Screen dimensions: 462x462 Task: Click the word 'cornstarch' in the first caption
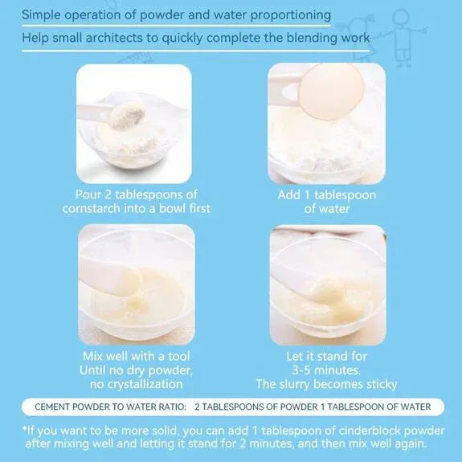[95, 208]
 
